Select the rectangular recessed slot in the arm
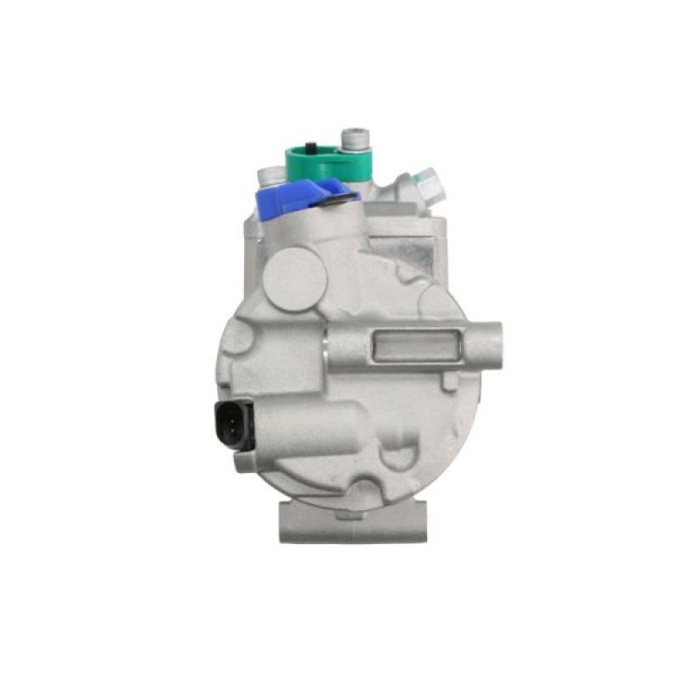(x=414, y=347)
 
